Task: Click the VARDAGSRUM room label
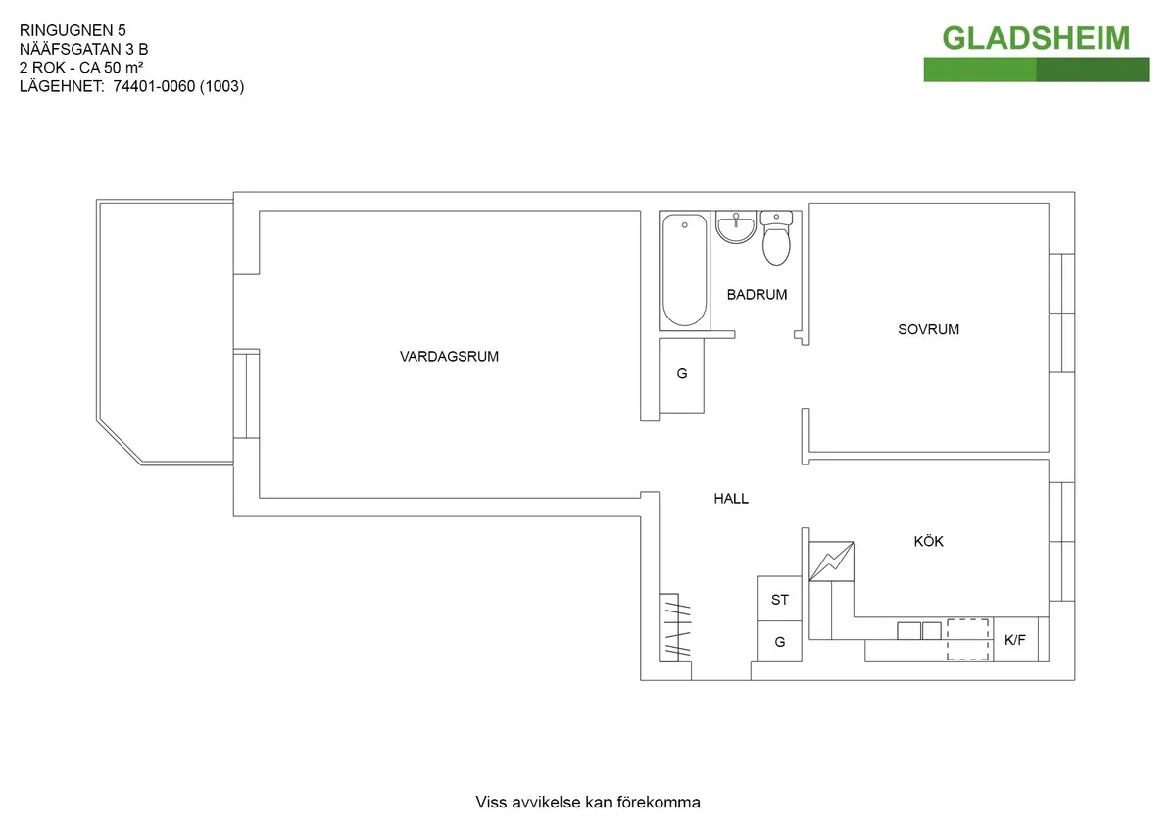coord(449,357)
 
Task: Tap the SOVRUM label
coord(928,329)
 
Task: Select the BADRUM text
coord(757,295)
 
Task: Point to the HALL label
coord(731,499)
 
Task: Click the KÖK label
coord(928,541)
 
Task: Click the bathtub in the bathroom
coord(685,270)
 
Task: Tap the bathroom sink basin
coord(736,227)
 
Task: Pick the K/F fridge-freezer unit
coord(1015,639)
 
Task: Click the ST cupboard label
coord(780,600)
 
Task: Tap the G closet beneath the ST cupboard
coord(779,642)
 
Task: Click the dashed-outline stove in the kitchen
coord(967,639)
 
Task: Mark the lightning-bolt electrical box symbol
coord(832,562)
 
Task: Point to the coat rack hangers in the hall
coord(675,628)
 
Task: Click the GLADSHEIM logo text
coord(1036,38)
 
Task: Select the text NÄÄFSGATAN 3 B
coord(84,49)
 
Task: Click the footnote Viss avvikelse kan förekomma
coord(588,803)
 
